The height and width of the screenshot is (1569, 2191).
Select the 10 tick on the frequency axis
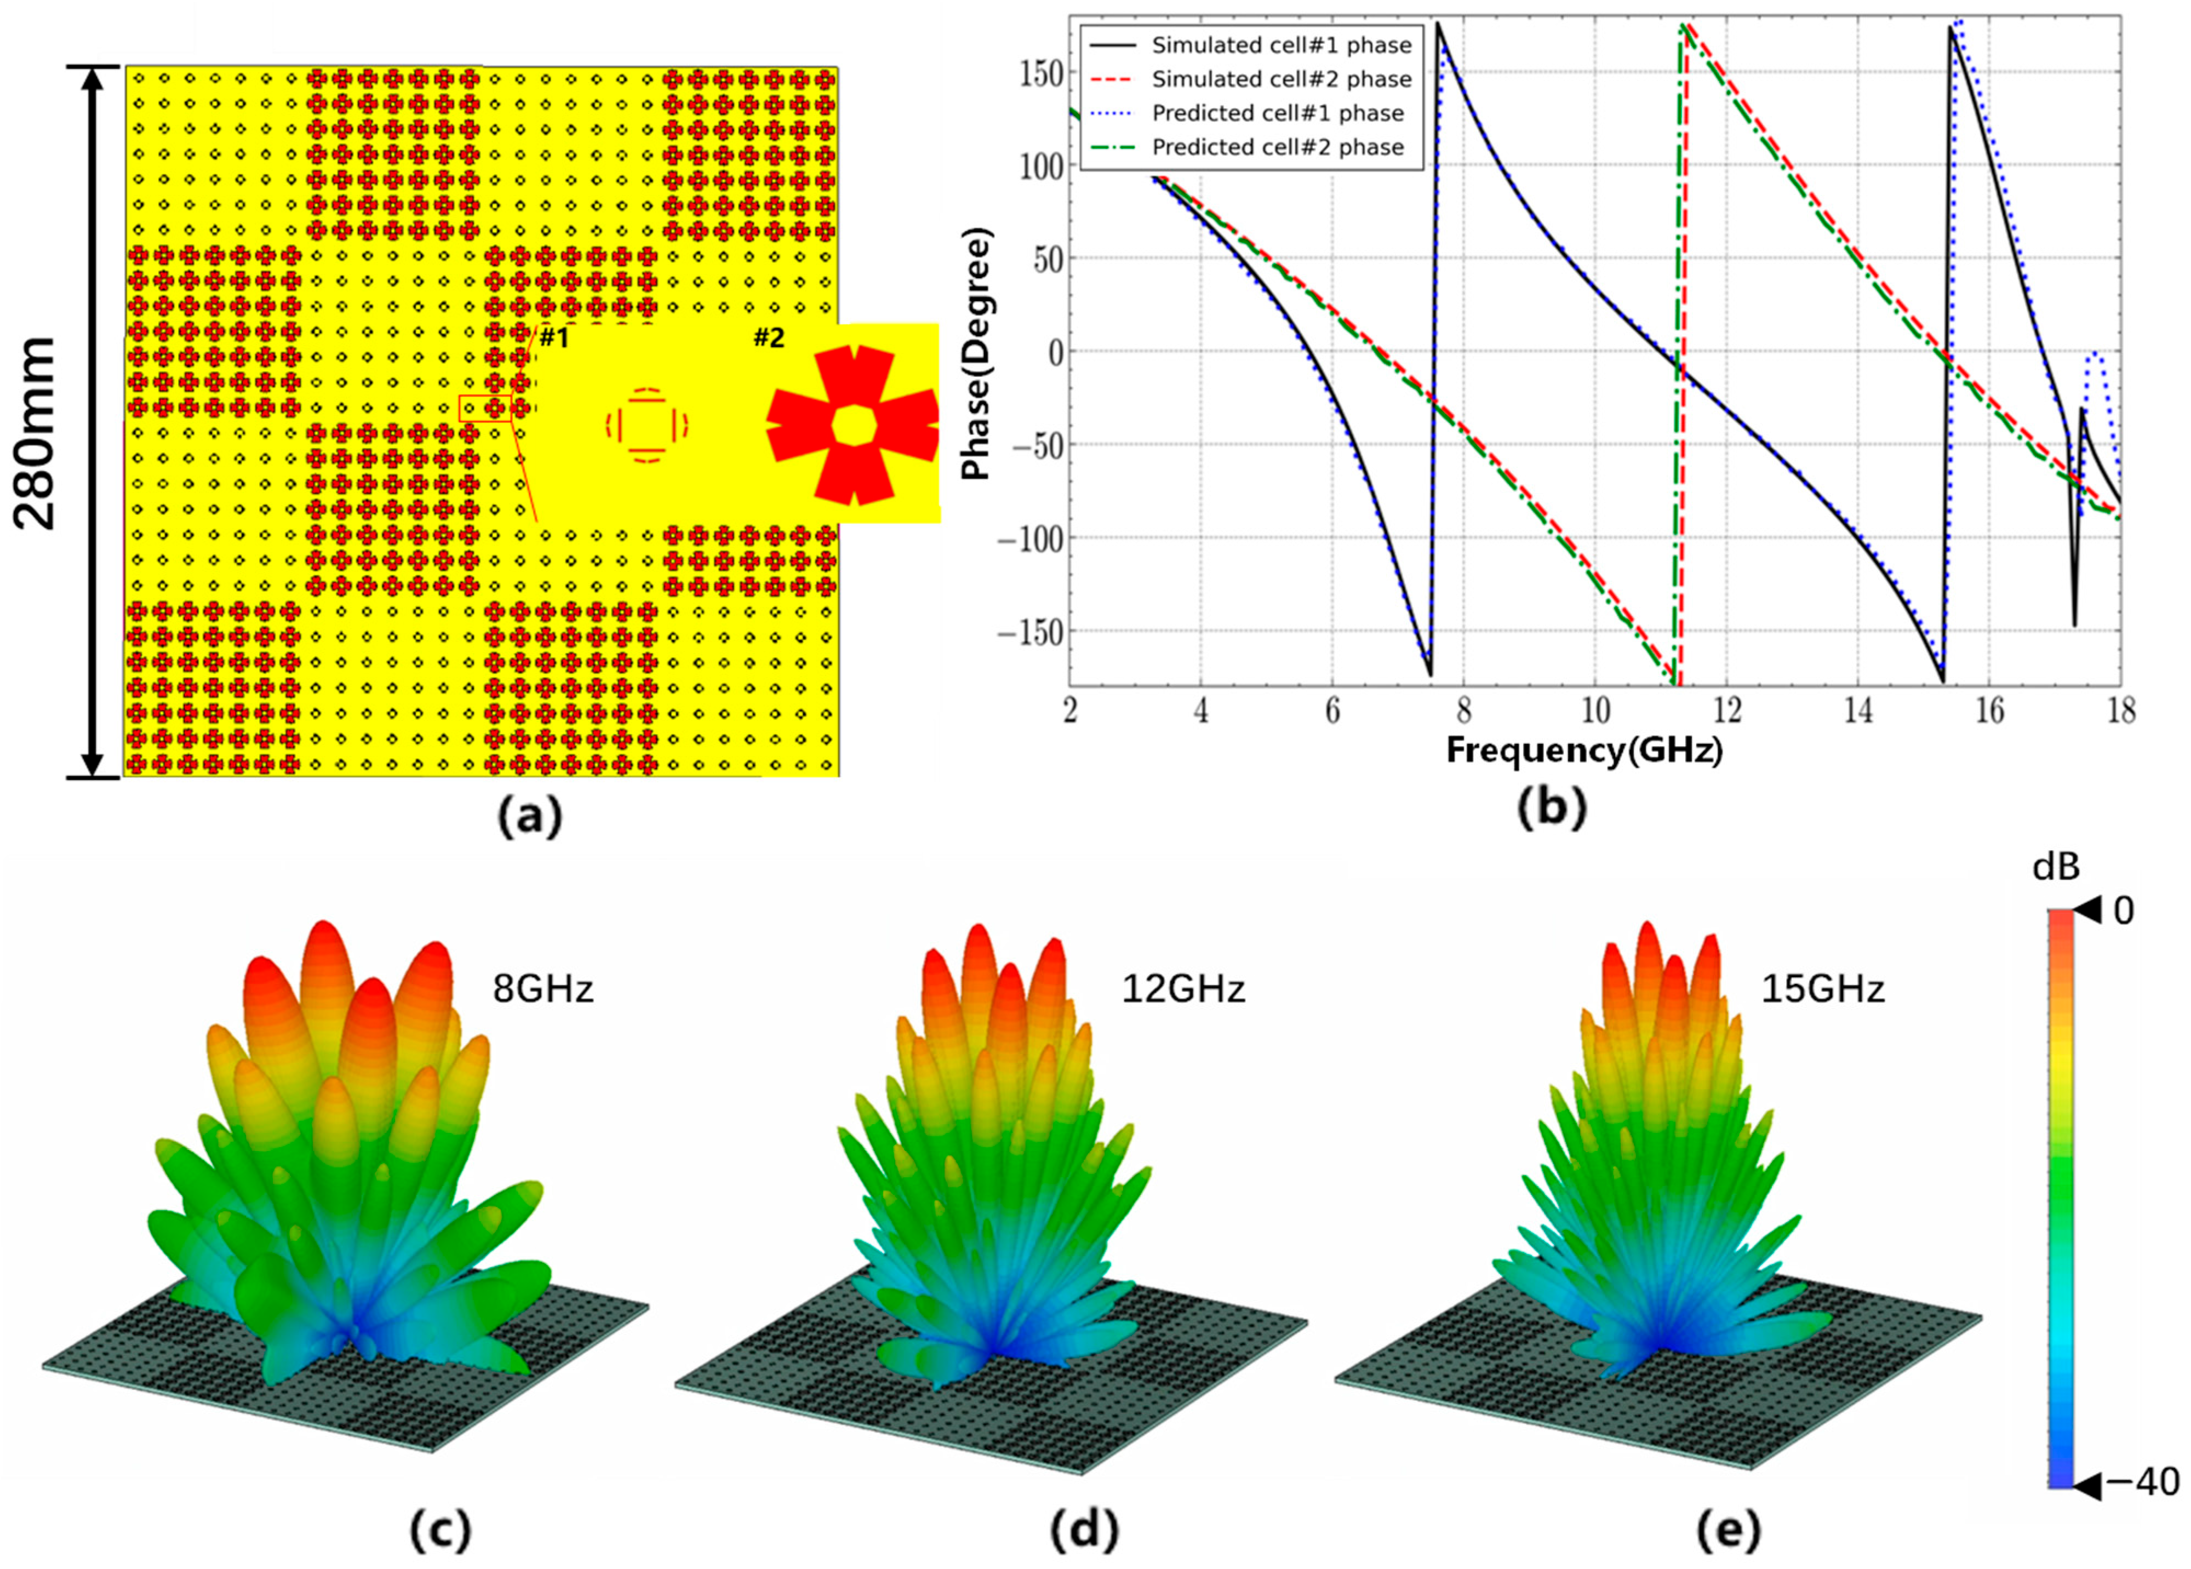point(1595,712)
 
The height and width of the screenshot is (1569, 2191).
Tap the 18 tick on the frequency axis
point(2120,712)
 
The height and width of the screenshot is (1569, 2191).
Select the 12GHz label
point(1182,989)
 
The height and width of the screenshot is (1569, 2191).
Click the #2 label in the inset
point(769,338)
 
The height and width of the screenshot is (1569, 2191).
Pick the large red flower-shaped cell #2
point(852,425)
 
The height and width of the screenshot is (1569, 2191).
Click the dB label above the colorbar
point(2056,868)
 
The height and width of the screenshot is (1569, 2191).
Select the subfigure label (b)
point(1552,809)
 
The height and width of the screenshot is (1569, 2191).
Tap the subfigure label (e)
point(1728,1530)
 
